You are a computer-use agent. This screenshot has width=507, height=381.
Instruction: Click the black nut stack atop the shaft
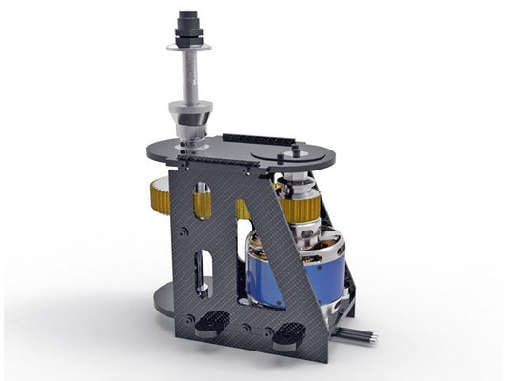(x=185, y=24)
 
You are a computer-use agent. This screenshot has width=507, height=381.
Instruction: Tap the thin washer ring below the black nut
(x=186, y=45)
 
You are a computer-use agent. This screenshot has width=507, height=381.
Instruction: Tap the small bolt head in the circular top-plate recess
(x=296, y=150)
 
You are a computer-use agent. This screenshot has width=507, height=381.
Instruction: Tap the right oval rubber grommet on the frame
(x=288, y=332)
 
